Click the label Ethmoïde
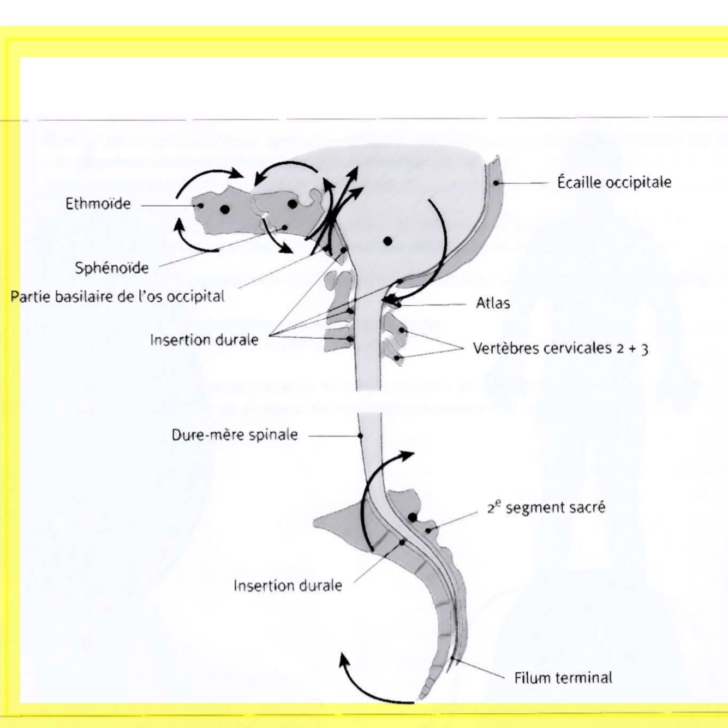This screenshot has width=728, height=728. tap(98, 204)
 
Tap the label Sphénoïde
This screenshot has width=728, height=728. tap(112, 268)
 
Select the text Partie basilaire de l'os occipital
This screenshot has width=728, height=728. tap(117, 296)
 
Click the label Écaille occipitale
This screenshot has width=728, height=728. tap(614, 182)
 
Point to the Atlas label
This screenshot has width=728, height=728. tap(493, 303)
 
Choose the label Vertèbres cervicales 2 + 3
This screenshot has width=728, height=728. tap(560, 348)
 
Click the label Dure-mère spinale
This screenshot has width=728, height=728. tap(235, 435)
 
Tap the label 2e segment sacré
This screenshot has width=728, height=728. tap(546, 508)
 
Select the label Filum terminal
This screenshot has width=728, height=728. tap(563, 678)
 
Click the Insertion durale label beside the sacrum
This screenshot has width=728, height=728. tap(288, 586)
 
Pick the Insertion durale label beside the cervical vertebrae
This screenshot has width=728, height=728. tap(204, 340)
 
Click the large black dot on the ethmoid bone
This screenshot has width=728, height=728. tap(225, 209)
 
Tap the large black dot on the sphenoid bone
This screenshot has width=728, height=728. tap(293, 204)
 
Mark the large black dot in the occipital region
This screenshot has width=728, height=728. tap(387, 241)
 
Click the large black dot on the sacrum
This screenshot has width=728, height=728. tap(413, 517)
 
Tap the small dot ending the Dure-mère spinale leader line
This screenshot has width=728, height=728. tap(360, 435)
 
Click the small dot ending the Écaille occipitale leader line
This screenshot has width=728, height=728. tap(496, 183)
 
